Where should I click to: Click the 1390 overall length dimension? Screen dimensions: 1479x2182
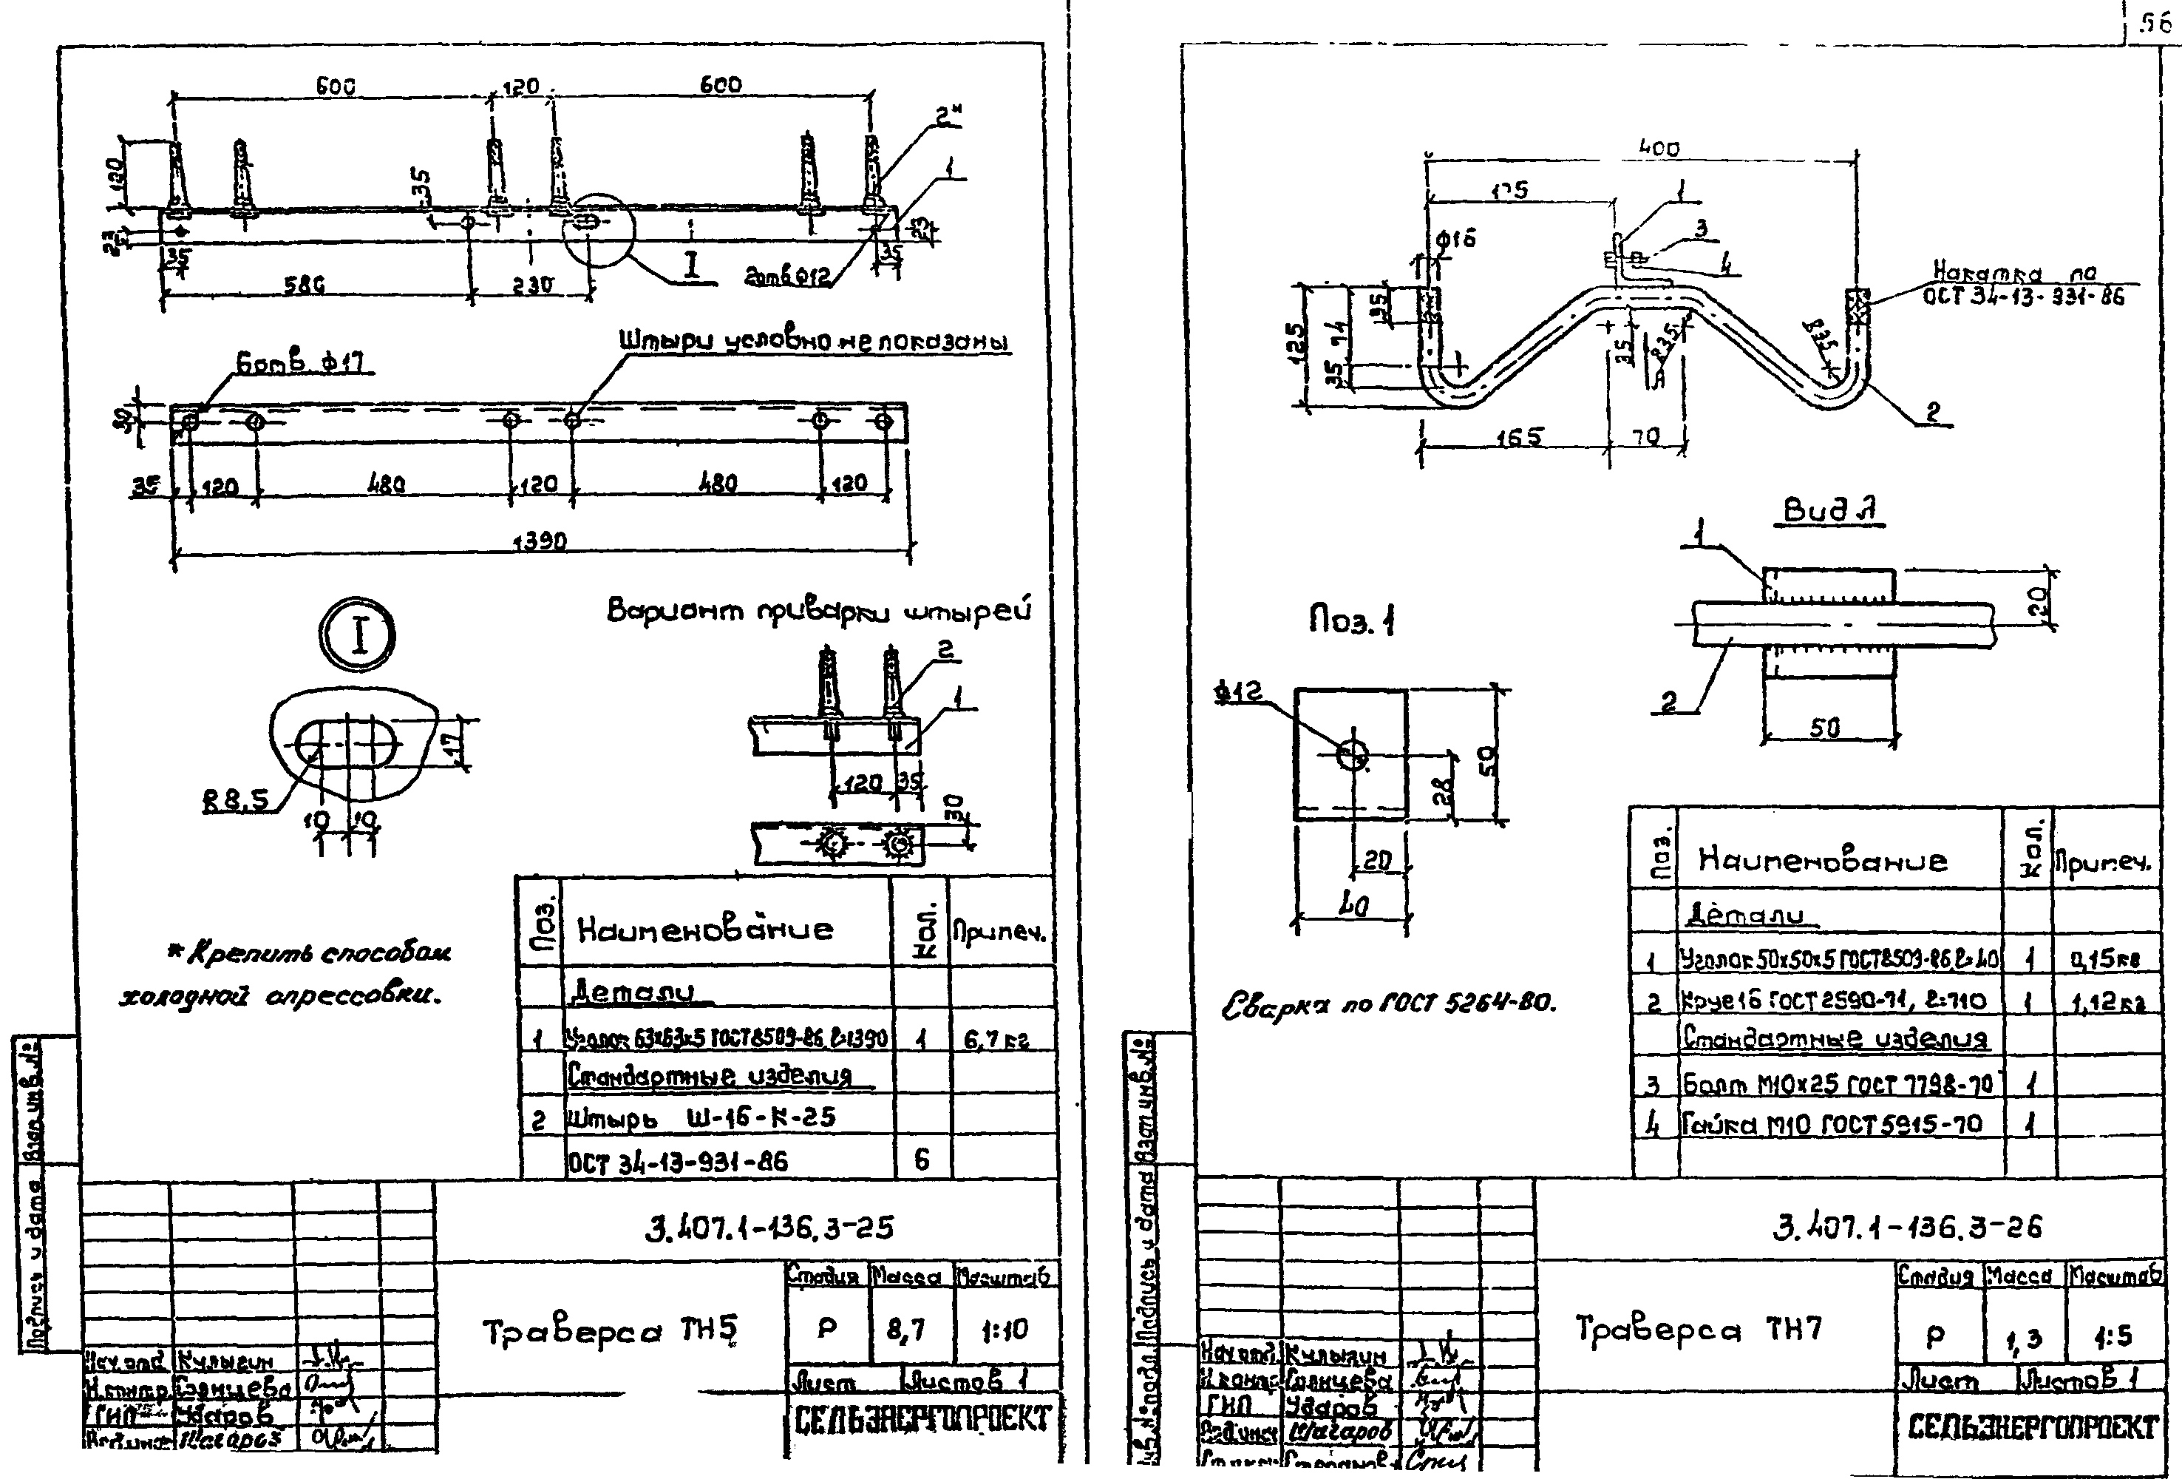(539, 542)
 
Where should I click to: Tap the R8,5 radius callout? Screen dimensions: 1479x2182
(235, 800)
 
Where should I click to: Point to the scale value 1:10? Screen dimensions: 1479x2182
(1004, 1330)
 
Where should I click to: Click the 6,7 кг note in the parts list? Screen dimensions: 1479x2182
(997, 1040)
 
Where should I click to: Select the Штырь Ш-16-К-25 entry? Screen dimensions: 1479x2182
(699, 1117)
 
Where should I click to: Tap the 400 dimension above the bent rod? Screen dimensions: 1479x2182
(1659, 147)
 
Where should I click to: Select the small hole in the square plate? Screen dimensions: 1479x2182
(1352, 753)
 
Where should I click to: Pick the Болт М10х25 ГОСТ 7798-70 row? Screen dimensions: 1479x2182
(1838, 1085)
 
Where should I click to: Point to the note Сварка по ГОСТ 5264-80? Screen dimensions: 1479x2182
(1387, 1005)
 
